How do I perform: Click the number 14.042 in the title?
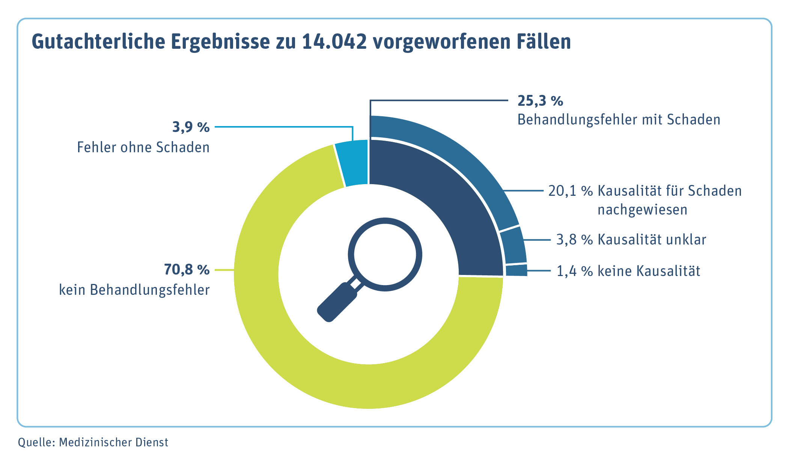pos(334,42)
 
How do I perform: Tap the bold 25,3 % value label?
pos(540,101)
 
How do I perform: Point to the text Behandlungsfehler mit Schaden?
pos(619,120)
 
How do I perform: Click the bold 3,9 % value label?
pos(191,127)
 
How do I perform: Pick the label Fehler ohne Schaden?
pos(143,147)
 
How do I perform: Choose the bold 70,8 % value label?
pos(187,270)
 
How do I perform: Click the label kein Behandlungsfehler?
pos(134,290)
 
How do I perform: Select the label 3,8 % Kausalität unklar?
pos(631,239)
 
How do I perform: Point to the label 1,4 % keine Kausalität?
pos(628,271)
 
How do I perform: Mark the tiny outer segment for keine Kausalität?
pos(516,270)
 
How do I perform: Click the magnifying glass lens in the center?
pos(385,254)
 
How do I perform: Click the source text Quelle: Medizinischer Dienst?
pos(93,443)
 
